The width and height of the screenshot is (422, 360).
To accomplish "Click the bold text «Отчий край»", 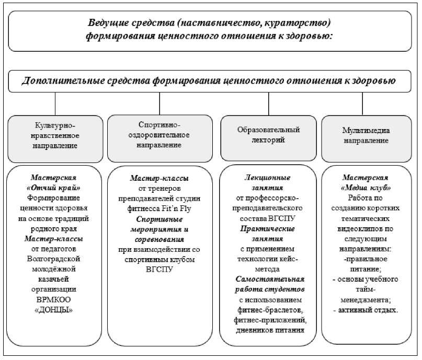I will pyautogui.click(x=57, y=188).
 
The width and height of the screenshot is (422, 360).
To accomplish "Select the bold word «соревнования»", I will pyautogui.click(x=159, y=239).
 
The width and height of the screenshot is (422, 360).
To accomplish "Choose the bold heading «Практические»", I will pyautogui.click(x=268, y=228).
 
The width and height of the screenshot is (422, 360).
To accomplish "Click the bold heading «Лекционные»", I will pyautogui.click(x=268, y=178).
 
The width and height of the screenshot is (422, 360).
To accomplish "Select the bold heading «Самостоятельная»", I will pyautogui.click(x=268, y=280).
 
